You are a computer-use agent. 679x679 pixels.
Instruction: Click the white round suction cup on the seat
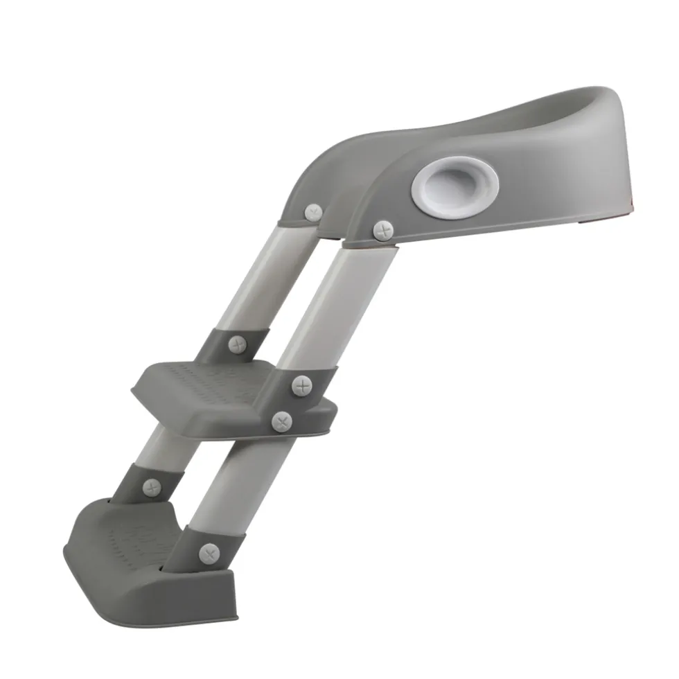(454, 185)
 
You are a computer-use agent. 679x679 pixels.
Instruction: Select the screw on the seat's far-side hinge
(314, 212)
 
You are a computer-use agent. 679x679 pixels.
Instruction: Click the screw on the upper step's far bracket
(238, 344)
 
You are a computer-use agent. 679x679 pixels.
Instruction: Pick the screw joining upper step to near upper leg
(302, 386)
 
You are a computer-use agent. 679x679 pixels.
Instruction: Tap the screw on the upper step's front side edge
(281, 421)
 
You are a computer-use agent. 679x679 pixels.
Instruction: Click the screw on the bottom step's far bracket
(152, 488)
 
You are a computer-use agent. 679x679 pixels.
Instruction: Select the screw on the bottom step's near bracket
(209, 553)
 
